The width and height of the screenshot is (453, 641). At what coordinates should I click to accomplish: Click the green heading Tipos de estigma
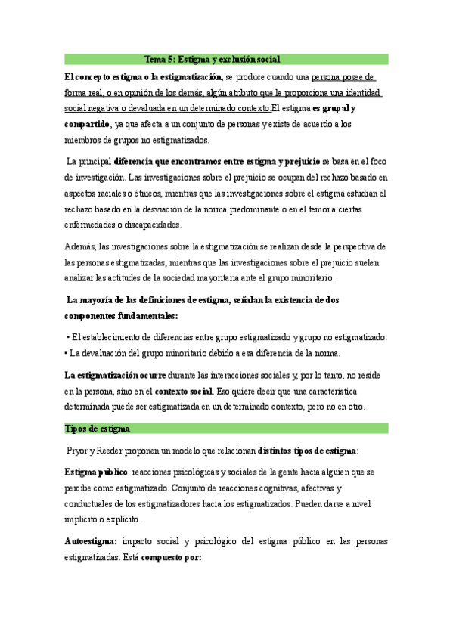[x=98, y=429]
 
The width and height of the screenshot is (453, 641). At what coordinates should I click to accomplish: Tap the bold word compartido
[x=87, y=125]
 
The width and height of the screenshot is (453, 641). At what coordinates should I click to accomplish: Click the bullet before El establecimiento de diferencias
[x=68, y=337]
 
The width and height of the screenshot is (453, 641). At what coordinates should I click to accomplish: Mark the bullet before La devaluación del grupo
[x=67, y=353]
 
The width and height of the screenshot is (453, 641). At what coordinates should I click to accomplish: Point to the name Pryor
[x=79, y=451]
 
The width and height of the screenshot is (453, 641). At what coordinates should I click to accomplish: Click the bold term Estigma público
[x=96, y=472]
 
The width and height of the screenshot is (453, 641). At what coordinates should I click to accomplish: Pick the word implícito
[x=88, y=521]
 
